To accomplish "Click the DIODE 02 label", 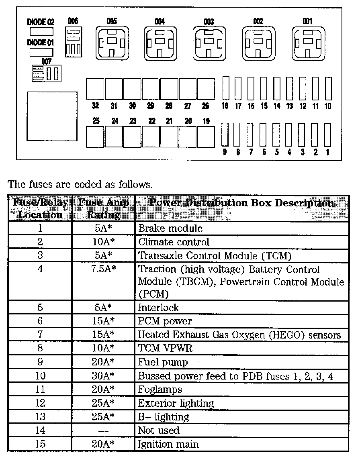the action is [x=41, y=22].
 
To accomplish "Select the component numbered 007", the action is [x=46, y=73].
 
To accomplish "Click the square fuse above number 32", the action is [x=95, y=88].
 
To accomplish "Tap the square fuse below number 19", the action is [x=206, y=137].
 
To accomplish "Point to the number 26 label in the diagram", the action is [x=205, y=106].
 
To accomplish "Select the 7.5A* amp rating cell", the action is [x=103, y=269].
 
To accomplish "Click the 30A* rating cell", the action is [x=103, y=376].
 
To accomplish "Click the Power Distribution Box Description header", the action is [x=241, y=203].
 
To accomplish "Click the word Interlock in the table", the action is [x=158, y=308].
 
